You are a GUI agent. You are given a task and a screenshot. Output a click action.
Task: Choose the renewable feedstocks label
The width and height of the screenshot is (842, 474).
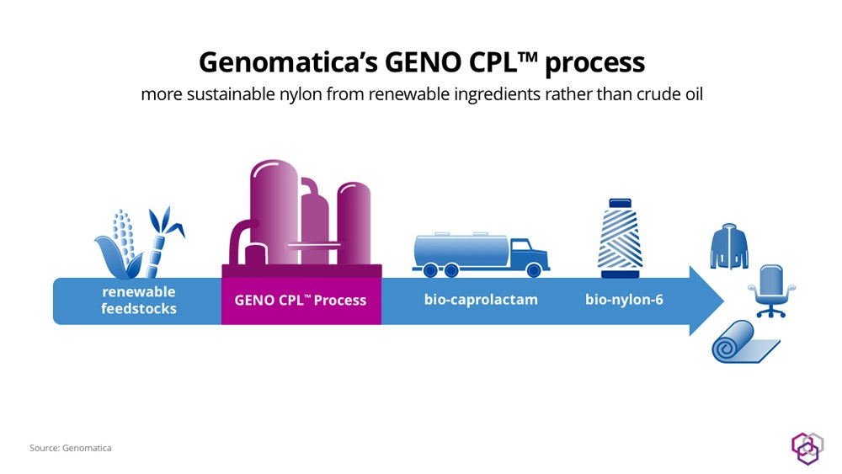139,300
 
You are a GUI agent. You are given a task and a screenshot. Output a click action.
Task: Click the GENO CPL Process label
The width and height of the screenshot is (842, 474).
301,300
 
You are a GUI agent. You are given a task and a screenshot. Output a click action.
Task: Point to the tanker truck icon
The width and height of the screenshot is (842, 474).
480,253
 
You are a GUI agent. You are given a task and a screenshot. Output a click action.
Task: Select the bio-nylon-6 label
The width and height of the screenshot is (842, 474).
624,300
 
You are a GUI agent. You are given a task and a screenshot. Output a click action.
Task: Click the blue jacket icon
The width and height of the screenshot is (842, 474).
728,246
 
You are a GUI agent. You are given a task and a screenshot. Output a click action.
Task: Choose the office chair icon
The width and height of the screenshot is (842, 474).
770,289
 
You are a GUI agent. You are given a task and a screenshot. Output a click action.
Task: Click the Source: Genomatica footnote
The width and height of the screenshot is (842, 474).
71,448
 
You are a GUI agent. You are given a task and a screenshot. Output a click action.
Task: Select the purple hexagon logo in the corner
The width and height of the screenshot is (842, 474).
806,447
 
